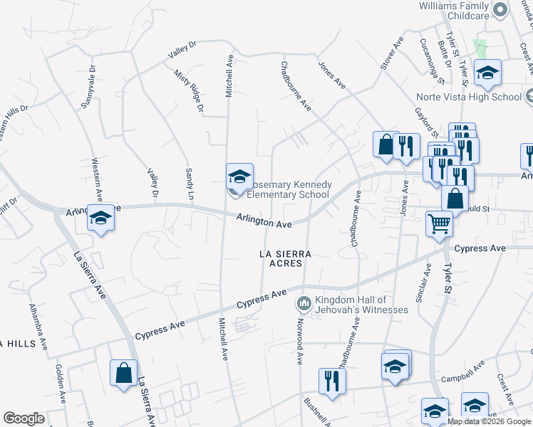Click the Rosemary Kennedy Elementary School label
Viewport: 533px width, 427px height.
pos(288,189)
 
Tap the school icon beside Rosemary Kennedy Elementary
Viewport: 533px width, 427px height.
pos(239,176)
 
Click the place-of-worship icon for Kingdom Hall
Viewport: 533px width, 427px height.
pos(304,304)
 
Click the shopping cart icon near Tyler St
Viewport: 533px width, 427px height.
pos(439,224)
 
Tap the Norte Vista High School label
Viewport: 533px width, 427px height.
pos(470,97)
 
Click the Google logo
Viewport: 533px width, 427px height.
pos(24,418)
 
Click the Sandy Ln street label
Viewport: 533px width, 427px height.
pos(190,183)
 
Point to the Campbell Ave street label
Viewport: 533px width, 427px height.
pos(462,369)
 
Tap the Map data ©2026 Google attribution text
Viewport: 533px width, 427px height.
pos(489,421)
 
